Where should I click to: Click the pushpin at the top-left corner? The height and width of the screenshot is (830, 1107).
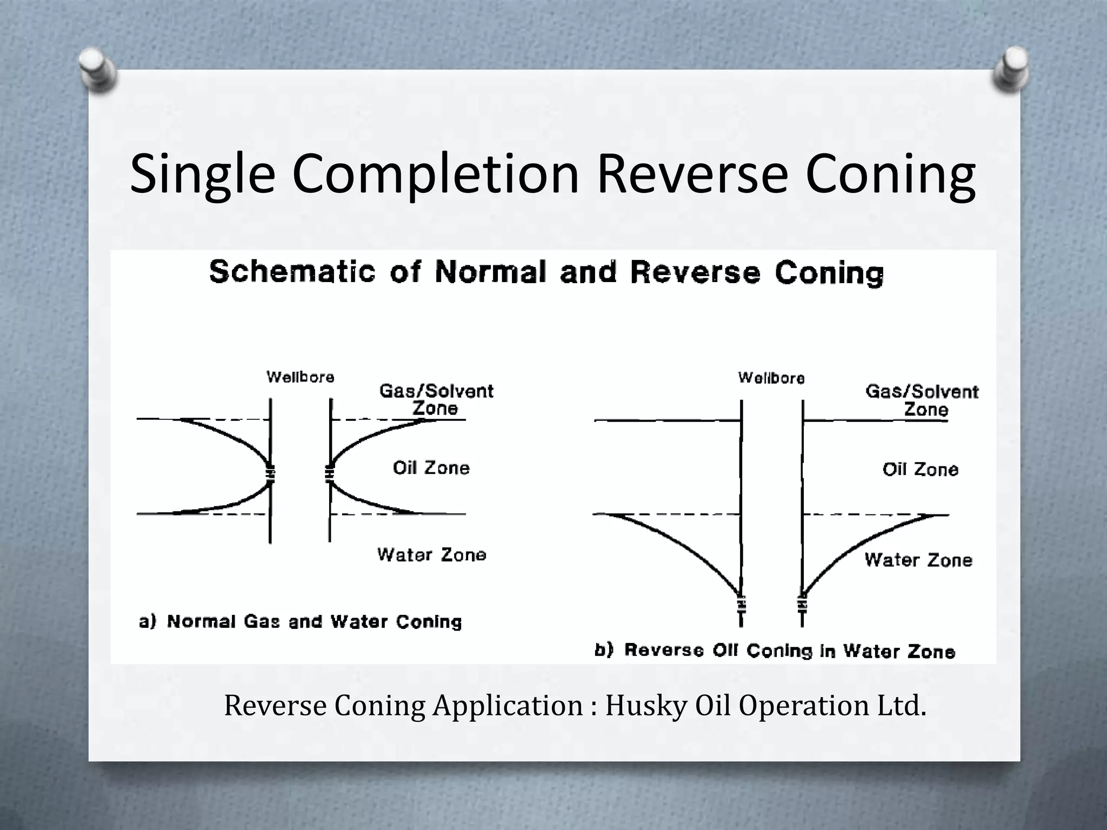pos(97,71)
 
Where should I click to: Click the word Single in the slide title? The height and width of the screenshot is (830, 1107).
pos(203,174)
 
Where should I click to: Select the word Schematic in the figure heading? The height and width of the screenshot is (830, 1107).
pos(292,272)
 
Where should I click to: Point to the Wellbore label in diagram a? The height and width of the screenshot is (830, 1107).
pos(301,377)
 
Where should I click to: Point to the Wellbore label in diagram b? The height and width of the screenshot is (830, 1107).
pos(771,378)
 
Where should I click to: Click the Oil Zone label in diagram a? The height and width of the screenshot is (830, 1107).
pos(431,468)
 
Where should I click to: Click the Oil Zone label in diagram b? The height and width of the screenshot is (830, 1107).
pos(920,470)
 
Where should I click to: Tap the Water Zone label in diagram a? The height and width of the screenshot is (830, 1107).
pos(431,555)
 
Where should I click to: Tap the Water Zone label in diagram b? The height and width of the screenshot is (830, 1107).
pos(918,560)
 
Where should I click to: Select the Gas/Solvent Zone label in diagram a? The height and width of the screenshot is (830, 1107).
pos(436,399)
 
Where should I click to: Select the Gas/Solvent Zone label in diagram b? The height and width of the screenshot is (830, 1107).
pos(922,400)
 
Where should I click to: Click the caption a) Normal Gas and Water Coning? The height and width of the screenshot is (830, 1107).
pos(301,622)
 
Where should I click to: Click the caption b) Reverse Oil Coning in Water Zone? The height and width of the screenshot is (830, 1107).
pos(775,651)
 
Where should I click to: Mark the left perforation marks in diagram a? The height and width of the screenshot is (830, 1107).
pos(270,473)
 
